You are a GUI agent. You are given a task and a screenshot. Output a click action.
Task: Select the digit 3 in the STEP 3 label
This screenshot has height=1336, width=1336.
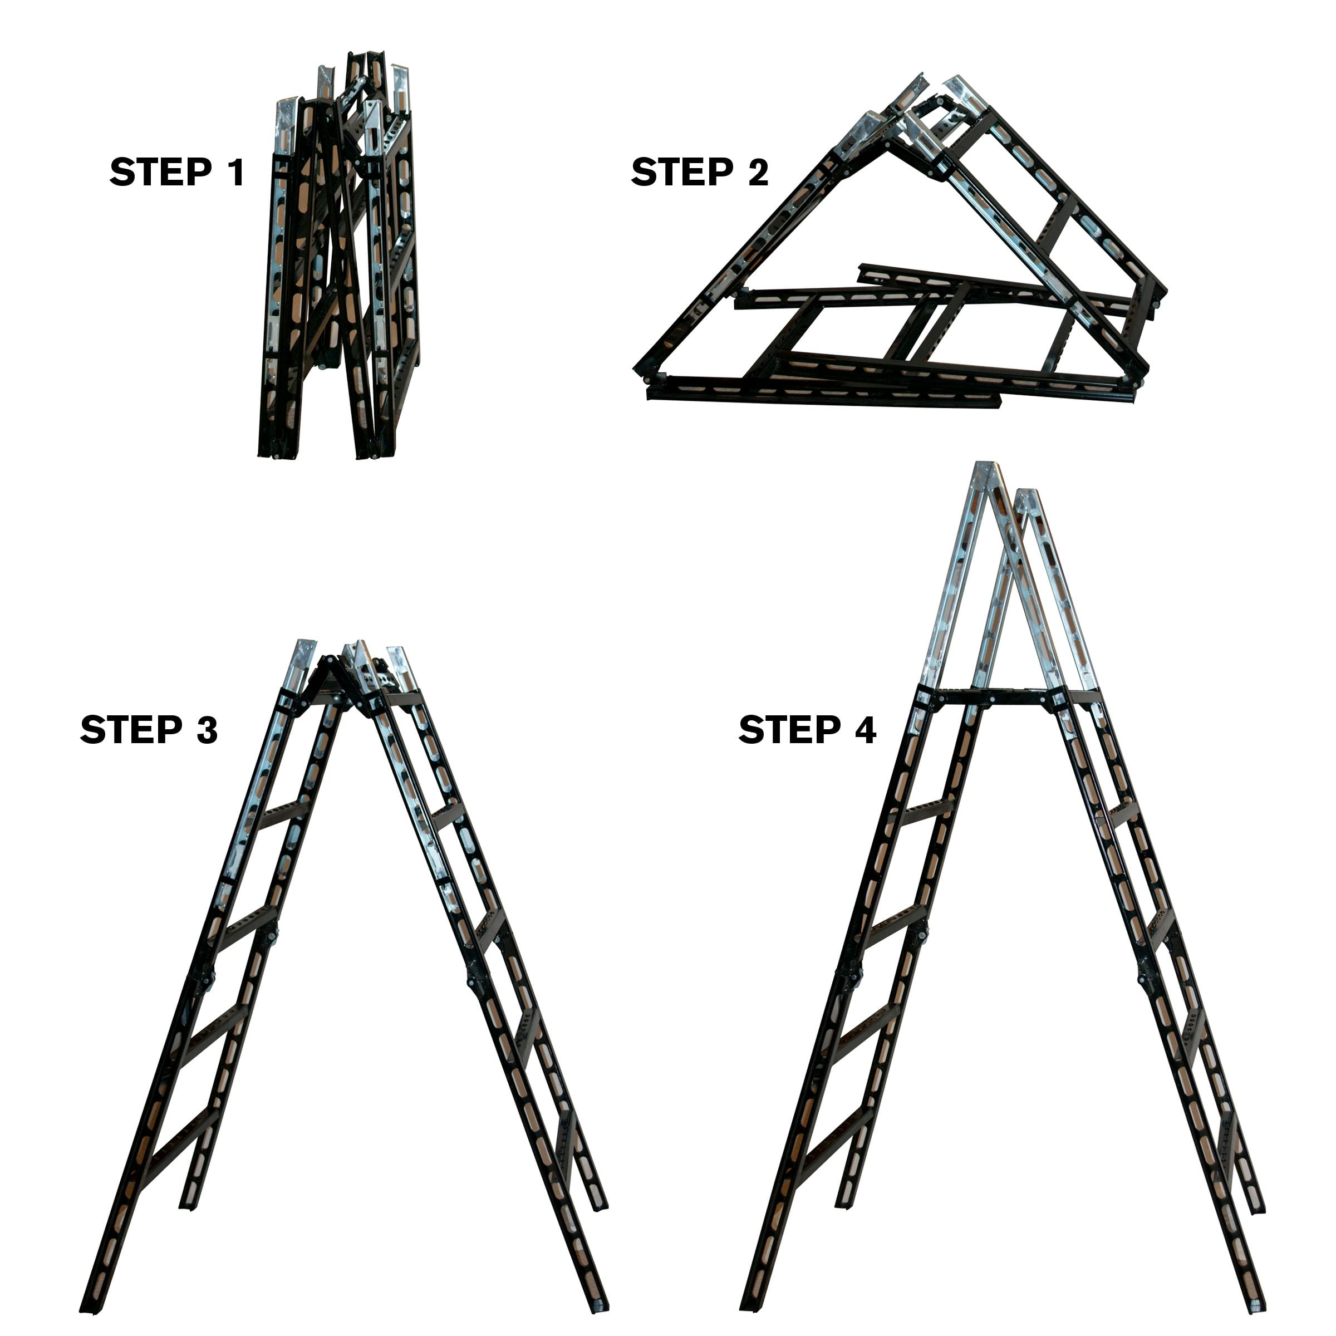tap(206, 730)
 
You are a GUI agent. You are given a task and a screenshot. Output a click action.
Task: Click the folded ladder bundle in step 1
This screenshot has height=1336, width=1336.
tap(339, 263)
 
